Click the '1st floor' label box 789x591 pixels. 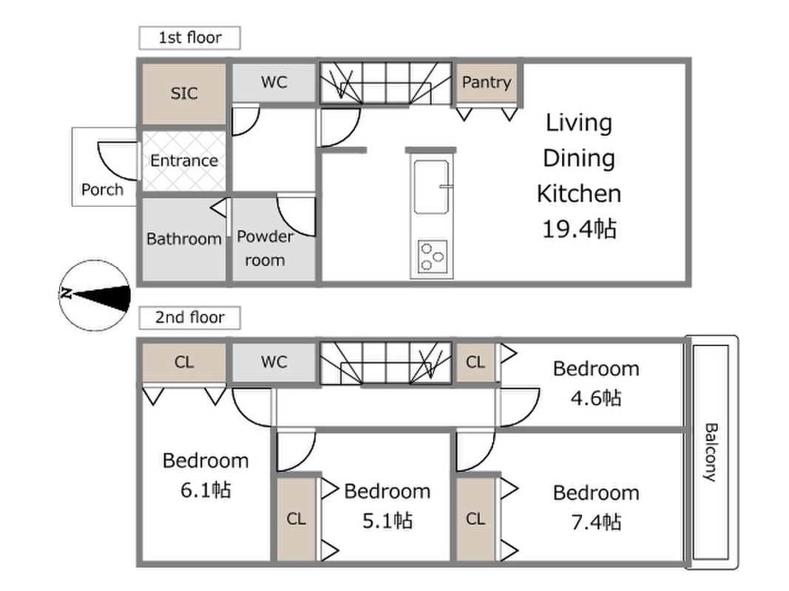(x=190, y=38)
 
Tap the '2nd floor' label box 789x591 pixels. (x=190, y=318)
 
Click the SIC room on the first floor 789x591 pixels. (x=184, y=94)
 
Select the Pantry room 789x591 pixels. (x=487, y=83)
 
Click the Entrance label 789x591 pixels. (x=184, y=161)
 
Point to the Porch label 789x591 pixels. (x=102, y=189)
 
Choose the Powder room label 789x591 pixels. (x=265, y=248)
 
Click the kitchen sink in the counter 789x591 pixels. (x=431, y=187)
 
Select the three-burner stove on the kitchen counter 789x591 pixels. (x=433, y=256)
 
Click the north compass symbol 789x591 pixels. (x=95, y=295)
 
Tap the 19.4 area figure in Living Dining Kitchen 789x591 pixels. (x=579, y=229)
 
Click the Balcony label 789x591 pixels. (x=711, y=452)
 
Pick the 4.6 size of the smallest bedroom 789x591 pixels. (x=596, y=398)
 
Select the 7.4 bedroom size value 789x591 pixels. (x=596, y=522)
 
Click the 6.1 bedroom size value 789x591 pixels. (x=206, y=490)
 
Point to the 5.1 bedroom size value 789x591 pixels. (x=387, y=521)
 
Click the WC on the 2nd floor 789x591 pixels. (x=274, y=362)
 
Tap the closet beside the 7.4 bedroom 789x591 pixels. (x=475, y=519)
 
